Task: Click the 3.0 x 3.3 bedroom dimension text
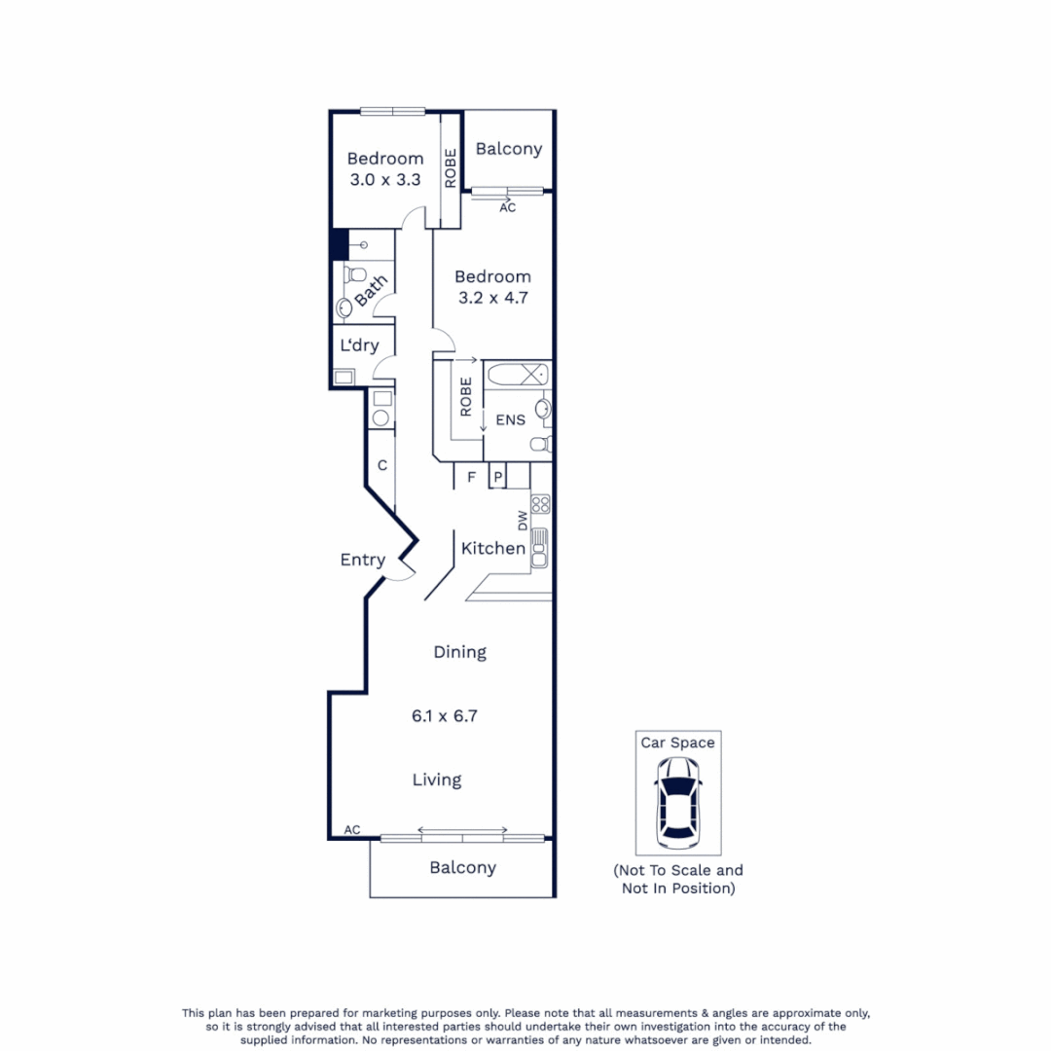pos(384,179)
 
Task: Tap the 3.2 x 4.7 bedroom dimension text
pos(492,298)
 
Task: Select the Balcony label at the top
pos(508,149)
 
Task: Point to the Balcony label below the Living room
pos(462,867)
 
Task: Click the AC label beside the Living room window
pos(352,830)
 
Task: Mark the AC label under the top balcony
pos(507,207)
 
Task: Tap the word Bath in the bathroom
pos(371,290)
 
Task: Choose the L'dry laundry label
pos(359,345)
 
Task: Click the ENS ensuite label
pos(510,420)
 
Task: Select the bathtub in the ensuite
pos(518,375)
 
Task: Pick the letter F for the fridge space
pos(471,477)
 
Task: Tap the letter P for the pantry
pos(497,477)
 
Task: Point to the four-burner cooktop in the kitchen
pos(540,504)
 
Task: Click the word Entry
pos(362,561)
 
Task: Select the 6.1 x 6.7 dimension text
pos(445,715)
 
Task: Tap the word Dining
pos(459,652)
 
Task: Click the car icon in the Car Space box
pos(677,801)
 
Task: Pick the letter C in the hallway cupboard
pos(382,465)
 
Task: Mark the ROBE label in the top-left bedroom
pos(450,167)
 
